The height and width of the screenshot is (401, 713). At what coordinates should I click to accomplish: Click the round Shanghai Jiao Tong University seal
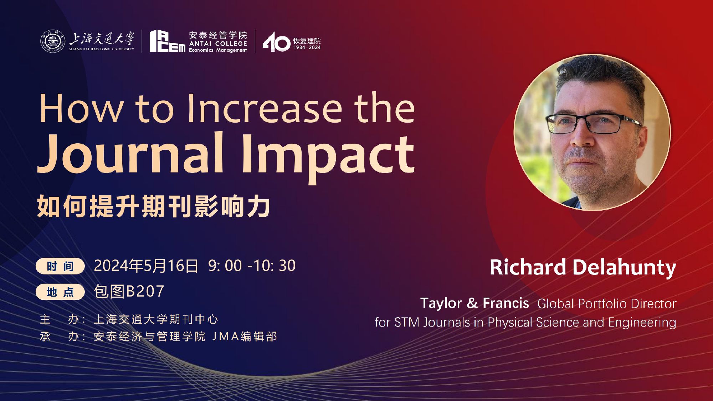[52, 41]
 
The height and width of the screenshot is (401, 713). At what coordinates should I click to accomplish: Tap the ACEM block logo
[167, 41]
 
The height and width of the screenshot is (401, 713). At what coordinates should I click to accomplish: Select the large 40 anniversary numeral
[277, 42]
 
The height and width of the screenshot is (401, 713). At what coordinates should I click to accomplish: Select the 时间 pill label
[60, 266]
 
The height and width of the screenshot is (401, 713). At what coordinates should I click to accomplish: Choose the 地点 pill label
[60, 292]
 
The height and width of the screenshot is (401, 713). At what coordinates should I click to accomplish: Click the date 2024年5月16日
[146, 266]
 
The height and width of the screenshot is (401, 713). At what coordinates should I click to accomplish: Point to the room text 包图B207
[129, 291]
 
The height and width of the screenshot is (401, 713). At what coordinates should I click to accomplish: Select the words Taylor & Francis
[475, 303]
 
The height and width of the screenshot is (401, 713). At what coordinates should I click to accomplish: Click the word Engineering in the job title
[642, 323]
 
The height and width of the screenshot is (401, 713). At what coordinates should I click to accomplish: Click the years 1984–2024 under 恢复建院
[307, 47]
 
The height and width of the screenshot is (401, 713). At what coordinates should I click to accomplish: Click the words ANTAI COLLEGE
[218, 43]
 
